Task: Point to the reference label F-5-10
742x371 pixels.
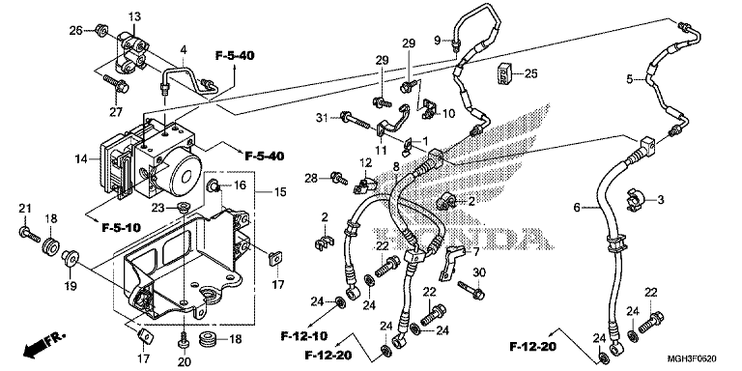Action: coord(121,228)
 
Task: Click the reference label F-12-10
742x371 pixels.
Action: coord(303,336)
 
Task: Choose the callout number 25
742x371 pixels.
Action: coord(531,73)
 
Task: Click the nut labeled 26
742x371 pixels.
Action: coord(100,30)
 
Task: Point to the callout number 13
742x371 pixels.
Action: coord(134,16)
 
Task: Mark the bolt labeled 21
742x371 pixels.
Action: coord(29,234)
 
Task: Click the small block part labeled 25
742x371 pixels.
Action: coord(505,73)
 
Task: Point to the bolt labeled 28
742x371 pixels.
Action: coord(339,179)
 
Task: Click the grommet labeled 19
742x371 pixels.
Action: coord(71,257)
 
